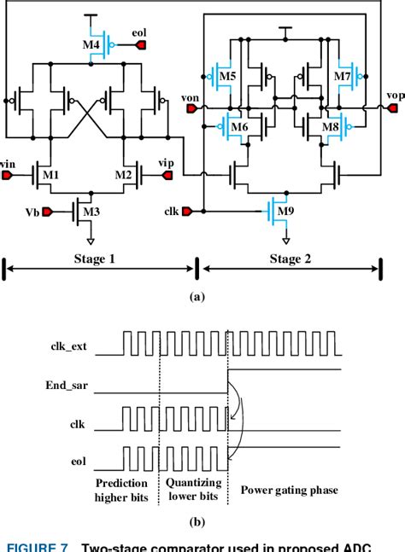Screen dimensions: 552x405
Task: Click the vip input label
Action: pyautogui.click(x=166, y=162)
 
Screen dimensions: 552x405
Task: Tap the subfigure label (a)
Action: pyautogui.click(x=197, y=297)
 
